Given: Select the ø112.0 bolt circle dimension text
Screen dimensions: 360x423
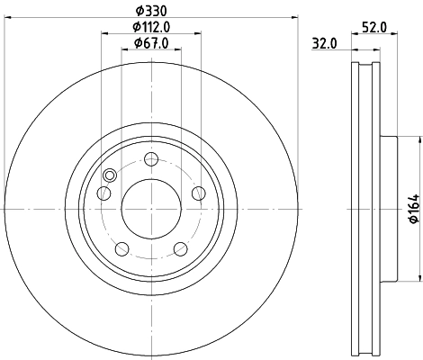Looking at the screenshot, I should coord(150,27).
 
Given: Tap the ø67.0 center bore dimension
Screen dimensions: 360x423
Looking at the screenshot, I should coord(150,43).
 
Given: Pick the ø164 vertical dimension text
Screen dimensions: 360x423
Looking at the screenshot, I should coord(413,210).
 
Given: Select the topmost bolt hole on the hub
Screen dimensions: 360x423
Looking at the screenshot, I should coord(150,160).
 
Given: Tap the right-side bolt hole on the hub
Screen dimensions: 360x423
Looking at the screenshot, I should coord(199,191).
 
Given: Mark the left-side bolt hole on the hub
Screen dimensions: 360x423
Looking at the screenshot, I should coord(103,193).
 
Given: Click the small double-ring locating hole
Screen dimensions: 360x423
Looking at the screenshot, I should coord(110,176).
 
